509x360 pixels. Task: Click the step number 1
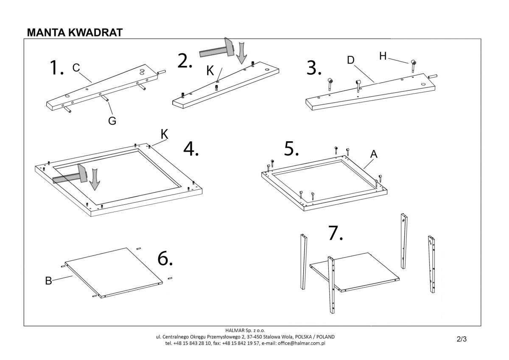pos(56,68)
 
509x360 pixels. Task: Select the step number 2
pos(185,61)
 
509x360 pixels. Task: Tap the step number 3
pos(314,68)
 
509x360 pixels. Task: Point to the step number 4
pos(191,148)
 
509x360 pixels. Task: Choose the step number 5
pos(292,149)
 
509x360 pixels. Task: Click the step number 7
pos(335,233)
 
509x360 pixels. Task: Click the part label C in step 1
pos(76,68)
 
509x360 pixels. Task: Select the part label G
pos(112,121)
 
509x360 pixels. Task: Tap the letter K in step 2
pos(210,71)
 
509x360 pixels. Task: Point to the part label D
pos(350,60)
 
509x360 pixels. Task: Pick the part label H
pos(383,56)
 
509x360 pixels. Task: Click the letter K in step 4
pos(165,134)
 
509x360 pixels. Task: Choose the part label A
pos(374,155)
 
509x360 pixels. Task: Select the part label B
pos(48,281)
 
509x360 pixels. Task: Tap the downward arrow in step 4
pos(95,178)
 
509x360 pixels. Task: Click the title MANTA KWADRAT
pos(75,33)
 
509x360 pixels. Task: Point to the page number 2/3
pos(461,339)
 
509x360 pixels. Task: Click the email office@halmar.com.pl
pos(302,343)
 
